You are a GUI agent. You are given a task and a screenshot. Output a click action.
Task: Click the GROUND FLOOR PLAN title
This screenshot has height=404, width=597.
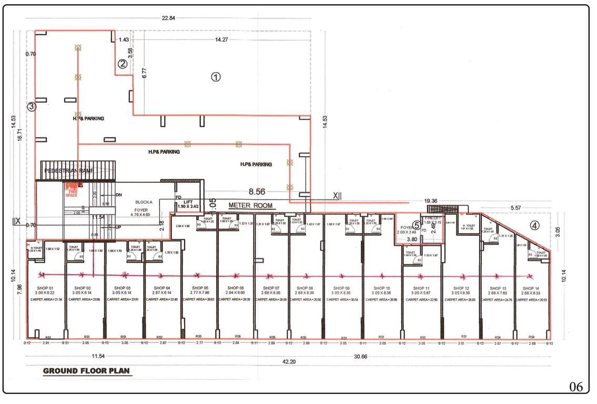(86, 371)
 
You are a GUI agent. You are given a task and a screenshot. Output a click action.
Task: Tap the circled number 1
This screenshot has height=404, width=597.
(216, 76)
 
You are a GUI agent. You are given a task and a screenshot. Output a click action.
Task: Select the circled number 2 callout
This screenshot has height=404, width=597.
(122, 64)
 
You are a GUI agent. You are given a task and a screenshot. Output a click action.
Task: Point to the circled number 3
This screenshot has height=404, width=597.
(32, 106)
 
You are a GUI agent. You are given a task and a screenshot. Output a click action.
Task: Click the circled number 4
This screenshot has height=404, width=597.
(534, 226)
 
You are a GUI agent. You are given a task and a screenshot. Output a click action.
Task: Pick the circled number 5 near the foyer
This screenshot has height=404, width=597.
(417, 225)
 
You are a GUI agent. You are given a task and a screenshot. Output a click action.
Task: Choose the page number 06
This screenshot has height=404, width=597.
(576, 387)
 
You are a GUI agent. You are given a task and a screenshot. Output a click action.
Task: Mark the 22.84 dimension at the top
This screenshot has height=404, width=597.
(168, 18)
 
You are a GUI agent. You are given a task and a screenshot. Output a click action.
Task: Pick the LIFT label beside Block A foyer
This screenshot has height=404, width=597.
(188, 201)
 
